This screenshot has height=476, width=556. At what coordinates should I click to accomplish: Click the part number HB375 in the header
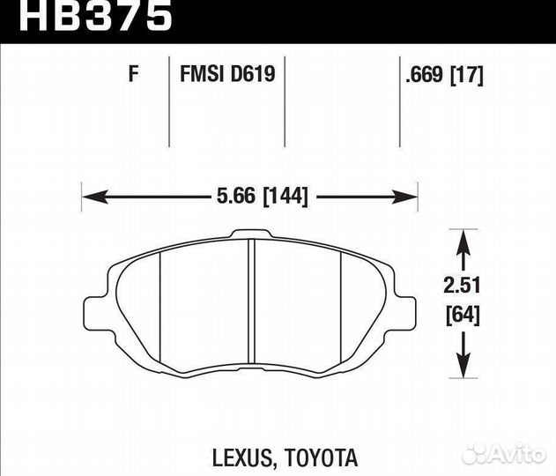[87, 16]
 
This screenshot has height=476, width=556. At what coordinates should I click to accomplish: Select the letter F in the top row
[134, 75]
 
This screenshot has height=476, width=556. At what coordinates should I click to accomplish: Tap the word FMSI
[201, 75]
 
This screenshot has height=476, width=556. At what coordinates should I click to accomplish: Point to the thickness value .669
[425, 75]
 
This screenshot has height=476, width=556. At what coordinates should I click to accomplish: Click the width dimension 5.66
[235, 197]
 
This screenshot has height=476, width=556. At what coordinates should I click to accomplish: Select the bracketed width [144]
[283, 197]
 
